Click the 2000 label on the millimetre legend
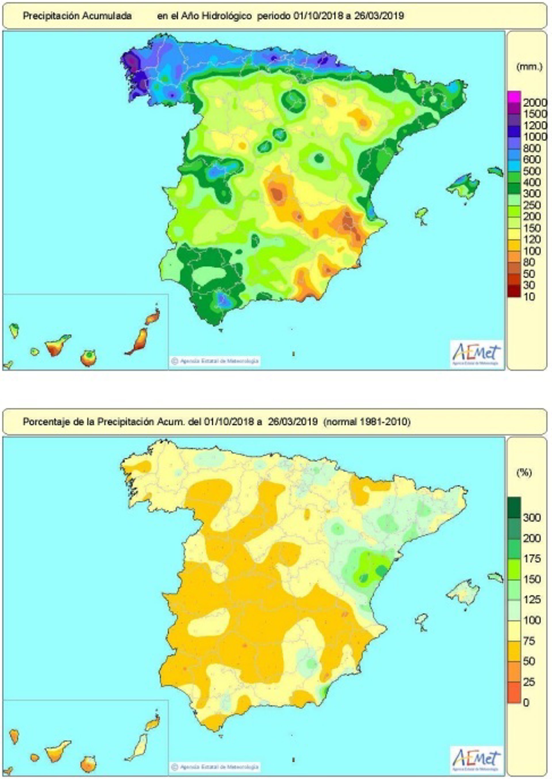click(x=535, y=102)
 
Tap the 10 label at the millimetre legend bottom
click(x=529, y=297)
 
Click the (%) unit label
click(x=524, y=472)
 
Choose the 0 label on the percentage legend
click(x=526, y=703)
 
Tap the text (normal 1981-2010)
click(x=367, y=422)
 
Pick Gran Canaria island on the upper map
click(x=88, y=358)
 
